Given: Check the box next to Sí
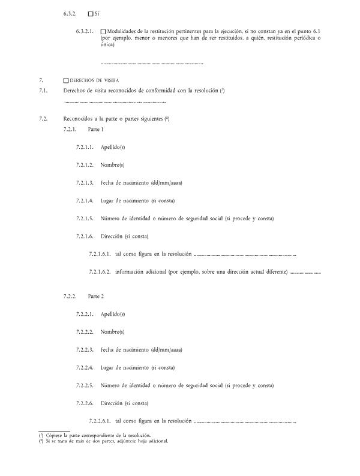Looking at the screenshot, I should click(x=91, y=13).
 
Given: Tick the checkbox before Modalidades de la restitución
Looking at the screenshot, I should click(x=103, y=31).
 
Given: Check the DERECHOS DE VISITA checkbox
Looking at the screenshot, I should click(x=66, y=80).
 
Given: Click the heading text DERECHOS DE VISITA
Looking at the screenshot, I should click(x=94, y=80).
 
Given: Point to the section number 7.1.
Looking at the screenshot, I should click(x=43, y=90).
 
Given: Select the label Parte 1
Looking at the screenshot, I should click(x=95, y=129).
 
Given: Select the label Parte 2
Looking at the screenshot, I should click(x=95, y=297).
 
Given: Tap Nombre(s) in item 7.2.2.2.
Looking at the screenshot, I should click(x=113, y=332).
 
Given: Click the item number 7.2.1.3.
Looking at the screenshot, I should click(x=85, y=182).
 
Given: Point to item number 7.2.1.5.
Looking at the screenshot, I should click(x=85, y=218).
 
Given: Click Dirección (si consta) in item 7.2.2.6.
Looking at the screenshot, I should click(x=124, y=403).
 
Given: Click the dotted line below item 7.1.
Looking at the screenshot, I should click(x=114, y=102).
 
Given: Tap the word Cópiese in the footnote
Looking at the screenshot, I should click(x=55, y=435).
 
